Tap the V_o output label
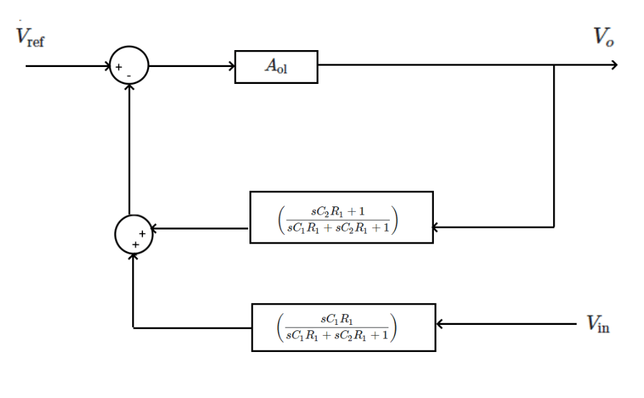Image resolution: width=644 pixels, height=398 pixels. coord(603,37)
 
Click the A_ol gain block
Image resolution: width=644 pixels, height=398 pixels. coord(276,66)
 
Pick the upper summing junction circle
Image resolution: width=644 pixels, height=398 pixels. coord(129,66)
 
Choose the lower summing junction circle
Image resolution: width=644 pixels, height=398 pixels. coord(134,235)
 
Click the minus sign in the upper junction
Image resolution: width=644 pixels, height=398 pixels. coord(129,76)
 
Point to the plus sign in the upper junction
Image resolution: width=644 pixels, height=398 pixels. coord(119,67)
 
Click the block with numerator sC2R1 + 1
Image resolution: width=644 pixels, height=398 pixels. coord(341,217)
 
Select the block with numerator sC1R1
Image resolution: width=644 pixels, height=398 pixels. coord(343,327)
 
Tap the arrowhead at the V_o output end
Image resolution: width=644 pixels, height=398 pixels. coord(614,65)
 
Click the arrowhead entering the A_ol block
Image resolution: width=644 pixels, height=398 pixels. coord(231,66)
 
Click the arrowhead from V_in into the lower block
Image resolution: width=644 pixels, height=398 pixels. coord(439,324)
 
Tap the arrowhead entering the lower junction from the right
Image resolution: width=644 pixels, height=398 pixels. coord(155,229)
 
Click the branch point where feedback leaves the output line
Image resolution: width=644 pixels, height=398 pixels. coord(555,65)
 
